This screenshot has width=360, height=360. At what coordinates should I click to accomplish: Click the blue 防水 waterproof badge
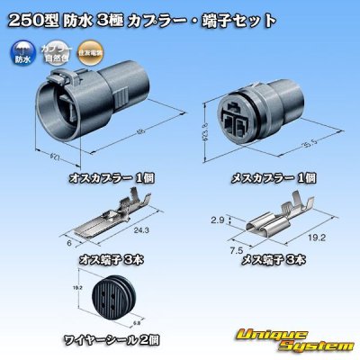pyautogui.click(x=21, y=52)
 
